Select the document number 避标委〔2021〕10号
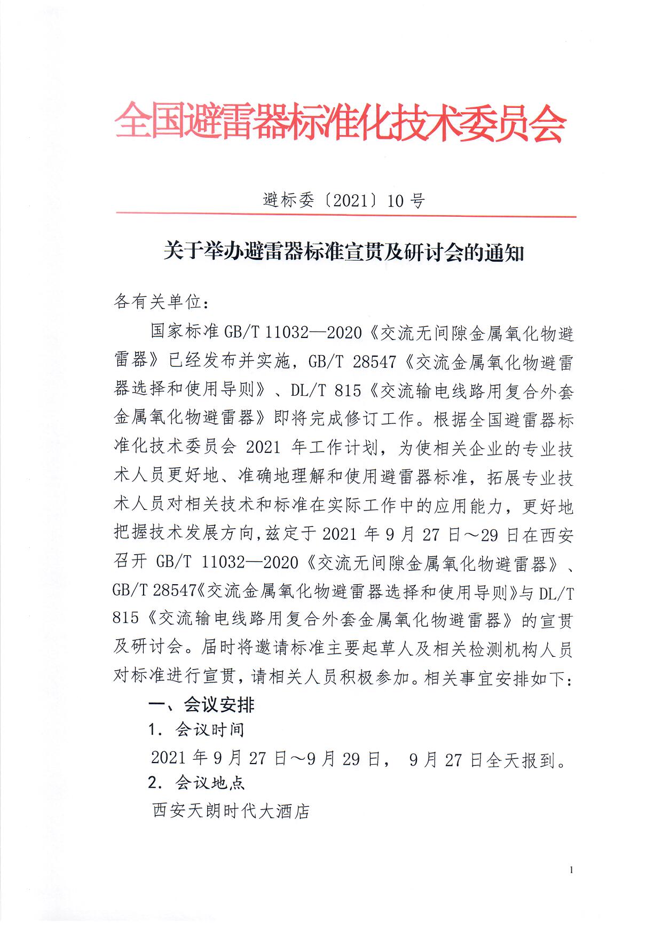tap(344, 201)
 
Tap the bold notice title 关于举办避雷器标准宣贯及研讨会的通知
tap(344, 251)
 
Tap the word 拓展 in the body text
tap(505, 477)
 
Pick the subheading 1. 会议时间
tap(196, 730)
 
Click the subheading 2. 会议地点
tap(196, 783)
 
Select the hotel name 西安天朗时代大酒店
tap(231, 811)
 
